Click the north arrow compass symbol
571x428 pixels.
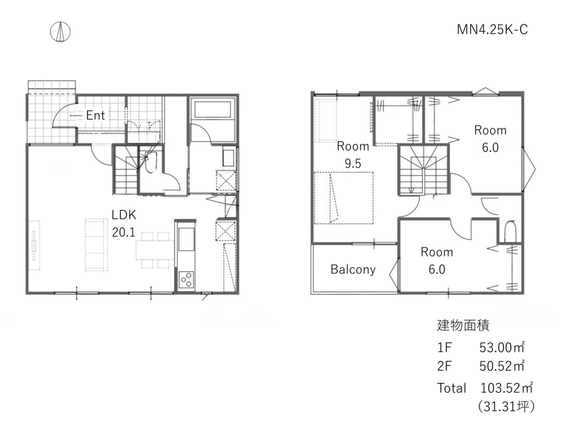[x=60, y=32]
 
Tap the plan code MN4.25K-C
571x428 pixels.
[x=492, y=29]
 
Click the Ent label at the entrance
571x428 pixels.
[x=96, y=115]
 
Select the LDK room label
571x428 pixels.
[x=124, y=215]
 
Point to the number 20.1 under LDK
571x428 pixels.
[x=124, y=232]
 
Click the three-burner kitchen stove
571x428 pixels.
[x=187, y=280]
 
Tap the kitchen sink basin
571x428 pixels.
[x=186, y=239]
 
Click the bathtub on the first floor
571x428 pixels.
[x=213, y=110]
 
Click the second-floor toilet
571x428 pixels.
[x=510, y=232]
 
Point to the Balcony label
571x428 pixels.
[x=353, y=270]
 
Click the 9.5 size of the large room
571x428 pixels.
[x=353, y=164]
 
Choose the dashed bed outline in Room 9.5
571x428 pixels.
[x=344, y=198]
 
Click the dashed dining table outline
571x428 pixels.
[x=155, y=250]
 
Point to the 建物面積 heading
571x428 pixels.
[x=463, y=326]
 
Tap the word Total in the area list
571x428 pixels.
[x=452, y=388]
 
